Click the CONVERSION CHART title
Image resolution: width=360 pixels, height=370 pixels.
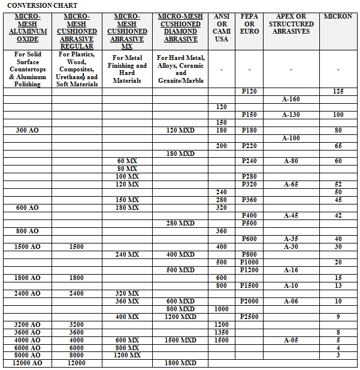click(x=42, y=5)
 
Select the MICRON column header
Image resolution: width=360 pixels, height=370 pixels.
click(x=338, y=16)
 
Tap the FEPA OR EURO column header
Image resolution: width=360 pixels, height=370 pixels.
click(x=249, y=24)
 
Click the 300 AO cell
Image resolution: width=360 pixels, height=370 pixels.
click(x=28, y=130)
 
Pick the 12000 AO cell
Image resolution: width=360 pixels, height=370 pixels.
click(x=28, y=363)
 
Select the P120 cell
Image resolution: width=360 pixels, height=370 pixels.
click(x=249, y=91)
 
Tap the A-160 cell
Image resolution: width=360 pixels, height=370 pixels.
click(x=291, y=99)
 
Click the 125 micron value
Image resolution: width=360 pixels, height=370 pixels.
click(x=338, y=91)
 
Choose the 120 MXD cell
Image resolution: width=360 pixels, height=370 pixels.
click(x=180, y=130)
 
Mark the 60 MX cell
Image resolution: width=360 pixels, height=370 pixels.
click(x=127, y=161)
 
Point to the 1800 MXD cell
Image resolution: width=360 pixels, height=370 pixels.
click(x=180, y=363)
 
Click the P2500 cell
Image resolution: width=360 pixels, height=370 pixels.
click(x=249, y=317)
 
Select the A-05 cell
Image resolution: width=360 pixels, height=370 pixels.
click(x=291, y=340)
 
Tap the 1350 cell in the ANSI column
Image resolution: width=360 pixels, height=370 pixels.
click(x=222, y=332)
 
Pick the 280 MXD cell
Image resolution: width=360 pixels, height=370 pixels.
click(x=180, y=223)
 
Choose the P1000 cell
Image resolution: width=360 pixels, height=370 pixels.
click(x=249, y=262)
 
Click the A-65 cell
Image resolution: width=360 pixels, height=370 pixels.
click(x=291, y=185)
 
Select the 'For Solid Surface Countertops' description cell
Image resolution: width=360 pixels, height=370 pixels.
click(x=28, y=70)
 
